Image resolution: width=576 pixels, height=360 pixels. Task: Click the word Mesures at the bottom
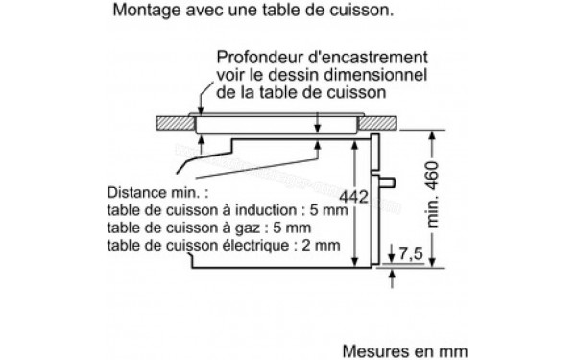click(371, 341)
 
